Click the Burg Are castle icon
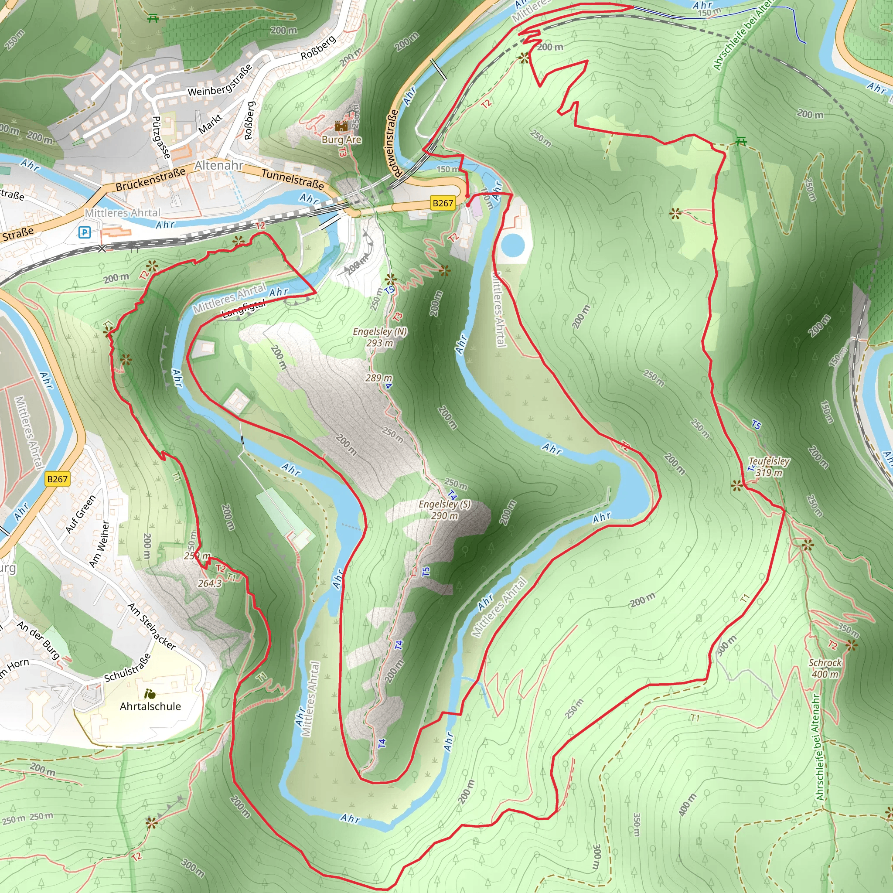click(x=341, y=126)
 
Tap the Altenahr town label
click(x=218, y=165)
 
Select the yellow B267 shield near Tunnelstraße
click(x=442, y=203)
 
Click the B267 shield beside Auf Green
click(x=57, y=479)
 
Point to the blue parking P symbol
click(x=85, y=232)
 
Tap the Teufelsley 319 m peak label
click(x=769, y=467)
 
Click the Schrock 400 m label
click(x=825, y=668)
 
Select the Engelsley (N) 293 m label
click(x=380, y=337)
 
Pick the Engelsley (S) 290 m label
click(x=445, y=509)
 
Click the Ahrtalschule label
click(x=150, y=706)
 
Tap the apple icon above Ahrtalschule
click(x=149, y=694)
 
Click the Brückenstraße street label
click(x=150, y=179)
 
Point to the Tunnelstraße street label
click(x=293, y=179)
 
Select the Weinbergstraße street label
click(x=220, y=80)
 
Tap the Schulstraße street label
click(x=127, y=668)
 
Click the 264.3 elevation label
click(x=209, y=583)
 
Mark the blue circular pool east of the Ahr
click(x=512, y=245)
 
